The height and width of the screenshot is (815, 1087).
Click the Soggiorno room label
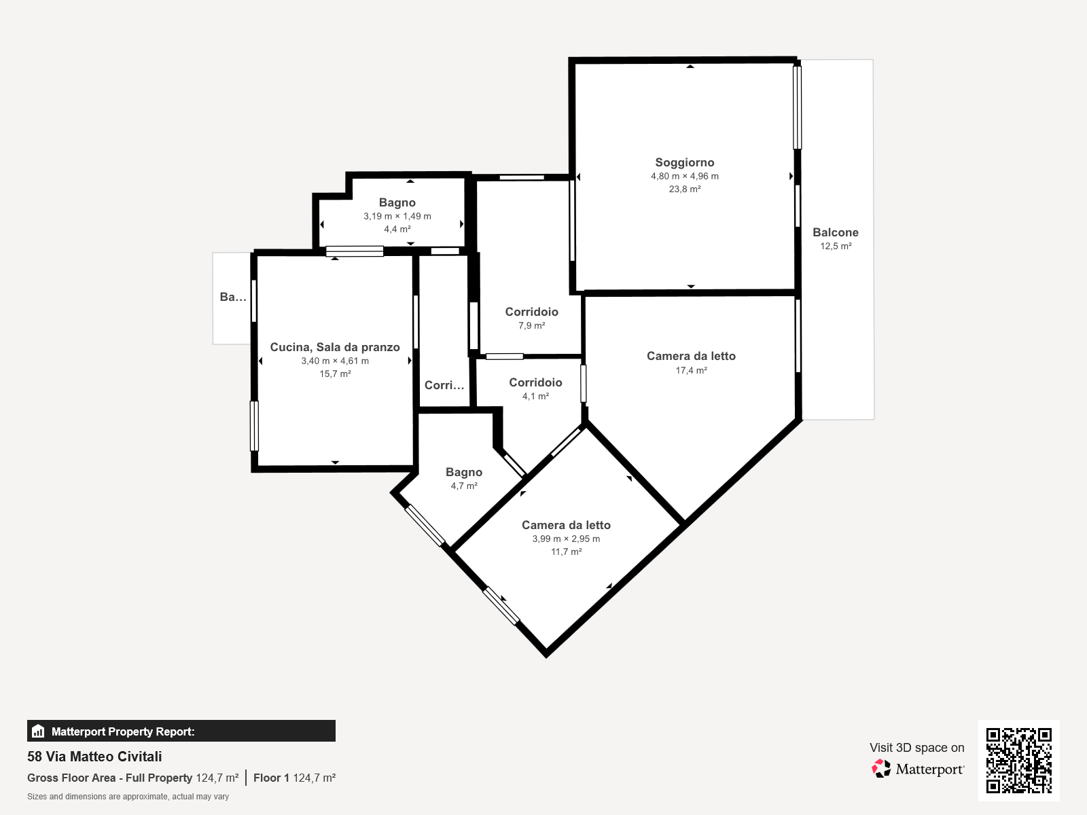[x=684, y=162]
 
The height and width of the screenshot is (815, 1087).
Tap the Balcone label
[x=836, y=232]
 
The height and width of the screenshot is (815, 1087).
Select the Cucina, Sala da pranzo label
[x=335, y=347]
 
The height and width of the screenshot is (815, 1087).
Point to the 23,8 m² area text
[x=684, y=189]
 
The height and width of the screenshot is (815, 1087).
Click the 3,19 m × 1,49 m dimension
[x=397, y=216]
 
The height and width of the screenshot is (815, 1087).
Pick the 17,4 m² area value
[x=692, y=370]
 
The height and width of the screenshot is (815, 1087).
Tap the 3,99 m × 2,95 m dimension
[x=566, y=539]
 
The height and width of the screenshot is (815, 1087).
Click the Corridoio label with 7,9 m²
[x=531, y=312]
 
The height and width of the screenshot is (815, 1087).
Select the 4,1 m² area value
[x=535, y=397]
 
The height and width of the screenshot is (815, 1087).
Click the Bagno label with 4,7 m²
[x=463, y=473]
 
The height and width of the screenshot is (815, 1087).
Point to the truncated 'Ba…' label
[x=233, y=297]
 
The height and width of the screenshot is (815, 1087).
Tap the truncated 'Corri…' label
[x=444, y=386]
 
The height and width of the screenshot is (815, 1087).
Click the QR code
[x=1018, y=760]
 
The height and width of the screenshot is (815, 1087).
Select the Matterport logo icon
[x=881, y=769]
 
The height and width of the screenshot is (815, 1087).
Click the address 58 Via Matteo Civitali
[x=94, y=757]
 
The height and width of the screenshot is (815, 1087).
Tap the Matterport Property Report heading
[x=123, y=731]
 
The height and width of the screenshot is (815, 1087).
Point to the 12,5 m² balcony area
[x=836, y=247]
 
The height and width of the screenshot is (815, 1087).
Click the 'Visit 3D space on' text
[x=916, y=748]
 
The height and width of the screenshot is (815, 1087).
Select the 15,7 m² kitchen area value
[x=335, y=374]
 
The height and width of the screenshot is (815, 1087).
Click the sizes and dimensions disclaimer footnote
[x=128, y=797]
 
